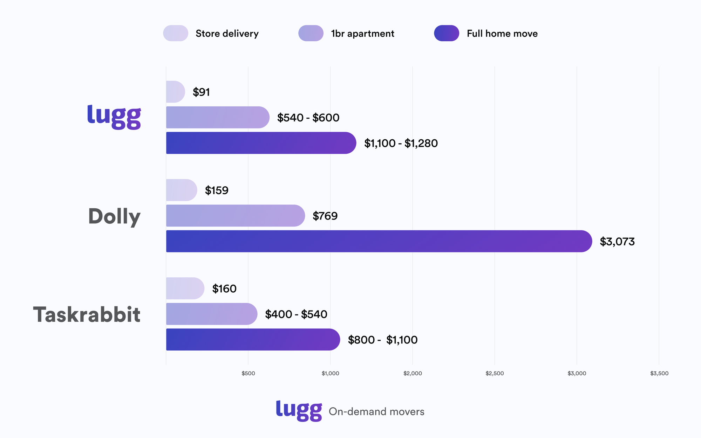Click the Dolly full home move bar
coord(379,241)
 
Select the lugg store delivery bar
coord(175,92)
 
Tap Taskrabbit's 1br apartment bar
coord(211,314)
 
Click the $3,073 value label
coord(617,242)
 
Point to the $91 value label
coord(201,92)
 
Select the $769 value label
coord(325,216)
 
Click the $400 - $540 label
coord(296,314)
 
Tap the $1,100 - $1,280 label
coord(401,143)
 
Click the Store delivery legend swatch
coord(176,33)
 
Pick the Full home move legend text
coord(502,34)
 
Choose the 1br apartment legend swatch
coord(311,33)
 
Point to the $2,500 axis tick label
coord(495,373)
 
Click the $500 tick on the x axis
coord(248,373)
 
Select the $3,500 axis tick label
coord(659,373)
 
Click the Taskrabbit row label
coord(87,314)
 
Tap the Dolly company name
coord(114,216)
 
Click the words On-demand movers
coord(376,411)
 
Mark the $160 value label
coord(224,289)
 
